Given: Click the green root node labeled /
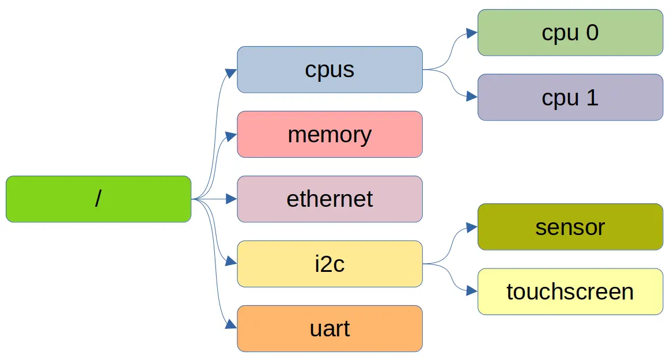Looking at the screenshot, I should click(98, 199).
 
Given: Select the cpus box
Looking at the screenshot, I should click(330, 69).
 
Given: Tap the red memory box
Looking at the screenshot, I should click(330, 134).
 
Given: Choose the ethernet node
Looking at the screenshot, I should click(330, 199).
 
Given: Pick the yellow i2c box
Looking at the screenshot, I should click(330, 264).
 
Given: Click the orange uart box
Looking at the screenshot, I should click(330, 328).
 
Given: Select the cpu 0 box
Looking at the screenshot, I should click(570, 32).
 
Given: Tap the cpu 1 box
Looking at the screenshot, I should click(570, 97).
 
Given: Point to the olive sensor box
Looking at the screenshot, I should click(570, 226).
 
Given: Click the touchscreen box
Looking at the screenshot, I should click(570, 291).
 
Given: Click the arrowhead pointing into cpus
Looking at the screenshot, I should click(231, 73).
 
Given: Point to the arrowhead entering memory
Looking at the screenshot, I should click(231, 137).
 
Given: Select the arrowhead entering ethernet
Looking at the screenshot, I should click(231, 199).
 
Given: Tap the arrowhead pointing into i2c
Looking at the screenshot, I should click(231, 262).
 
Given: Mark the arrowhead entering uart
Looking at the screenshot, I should click(231, 325).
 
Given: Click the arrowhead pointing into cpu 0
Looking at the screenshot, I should click(472, 33).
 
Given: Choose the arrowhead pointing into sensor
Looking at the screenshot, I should click(472, 228).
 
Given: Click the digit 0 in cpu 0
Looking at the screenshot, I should click(592, 32).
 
